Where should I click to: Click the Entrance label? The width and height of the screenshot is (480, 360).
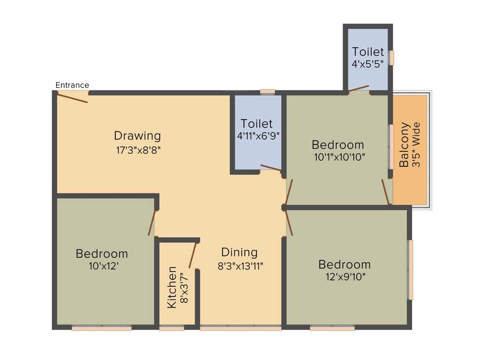click(72, 85)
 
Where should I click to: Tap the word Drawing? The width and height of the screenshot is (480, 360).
click(137, 136)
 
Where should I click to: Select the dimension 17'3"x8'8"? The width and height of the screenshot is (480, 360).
click(137, 150)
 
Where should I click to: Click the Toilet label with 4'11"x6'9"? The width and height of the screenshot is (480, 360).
click(256, 124)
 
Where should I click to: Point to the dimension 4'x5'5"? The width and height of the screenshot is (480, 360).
click(368, 63)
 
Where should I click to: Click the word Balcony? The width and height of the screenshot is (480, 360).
click(404, 144)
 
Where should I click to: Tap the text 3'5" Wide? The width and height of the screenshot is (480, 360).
click(416, 144)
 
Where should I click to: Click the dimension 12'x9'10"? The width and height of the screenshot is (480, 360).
click(345, 277)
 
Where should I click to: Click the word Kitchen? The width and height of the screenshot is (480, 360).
click(172, 287)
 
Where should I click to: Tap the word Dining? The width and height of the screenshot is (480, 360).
click(240, 252)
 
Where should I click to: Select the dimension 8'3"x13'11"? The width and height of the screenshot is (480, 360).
click(240, 266)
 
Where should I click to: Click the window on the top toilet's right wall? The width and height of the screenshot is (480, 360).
click(391, 57)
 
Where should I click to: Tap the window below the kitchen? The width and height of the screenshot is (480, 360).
click(172, 328)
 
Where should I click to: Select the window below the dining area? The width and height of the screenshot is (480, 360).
click(240, 328)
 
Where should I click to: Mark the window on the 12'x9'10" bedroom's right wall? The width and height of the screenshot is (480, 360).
click(411, 270)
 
